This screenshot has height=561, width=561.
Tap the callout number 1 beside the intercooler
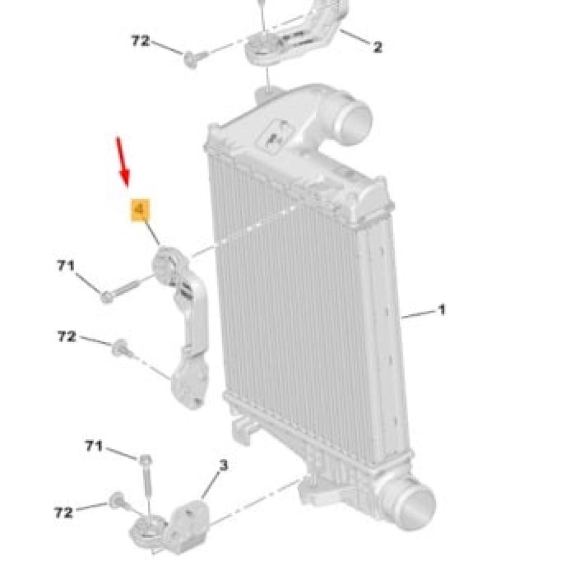pos(442,309)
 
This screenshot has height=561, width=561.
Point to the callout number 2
pos(377,48)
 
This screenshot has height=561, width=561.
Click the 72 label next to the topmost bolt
pos(141,41)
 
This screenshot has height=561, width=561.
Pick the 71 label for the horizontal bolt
pos(66,266)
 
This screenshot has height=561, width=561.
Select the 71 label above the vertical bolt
pos(94,446)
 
